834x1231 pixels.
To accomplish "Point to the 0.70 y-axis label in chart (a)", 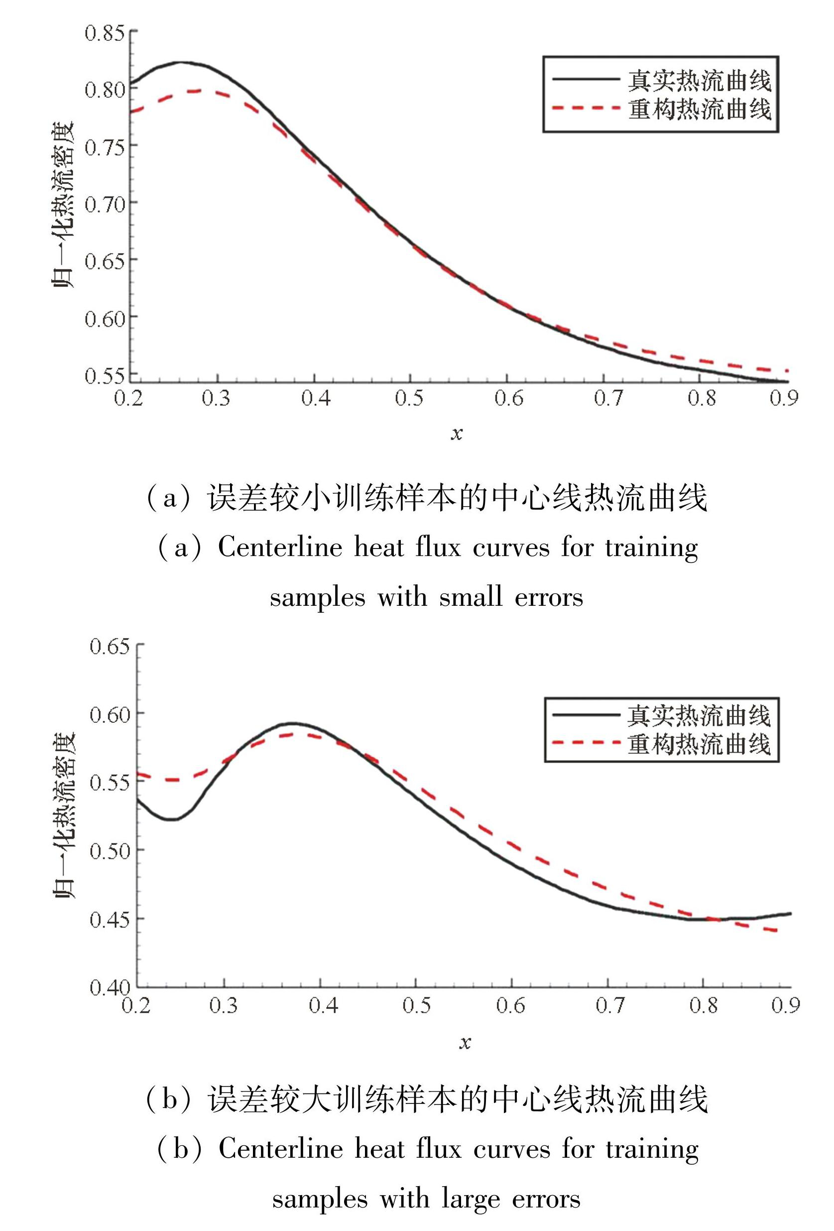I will [105, 203].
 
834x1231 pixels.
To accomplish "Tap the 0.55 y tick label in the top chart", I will [105, 376].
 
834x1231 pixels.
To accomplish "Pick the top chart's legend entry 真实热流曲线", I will [700, 81].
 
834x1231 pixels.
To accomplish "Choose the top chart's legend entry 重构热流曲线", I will [700, 109].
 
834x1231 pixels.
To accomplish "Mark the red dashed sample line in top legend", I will [586, 108].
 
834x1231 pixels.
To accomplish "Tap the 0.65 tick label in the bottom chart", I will [109, 646].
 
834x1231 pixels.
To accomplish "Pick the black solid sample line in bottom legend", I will [586, 715].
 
